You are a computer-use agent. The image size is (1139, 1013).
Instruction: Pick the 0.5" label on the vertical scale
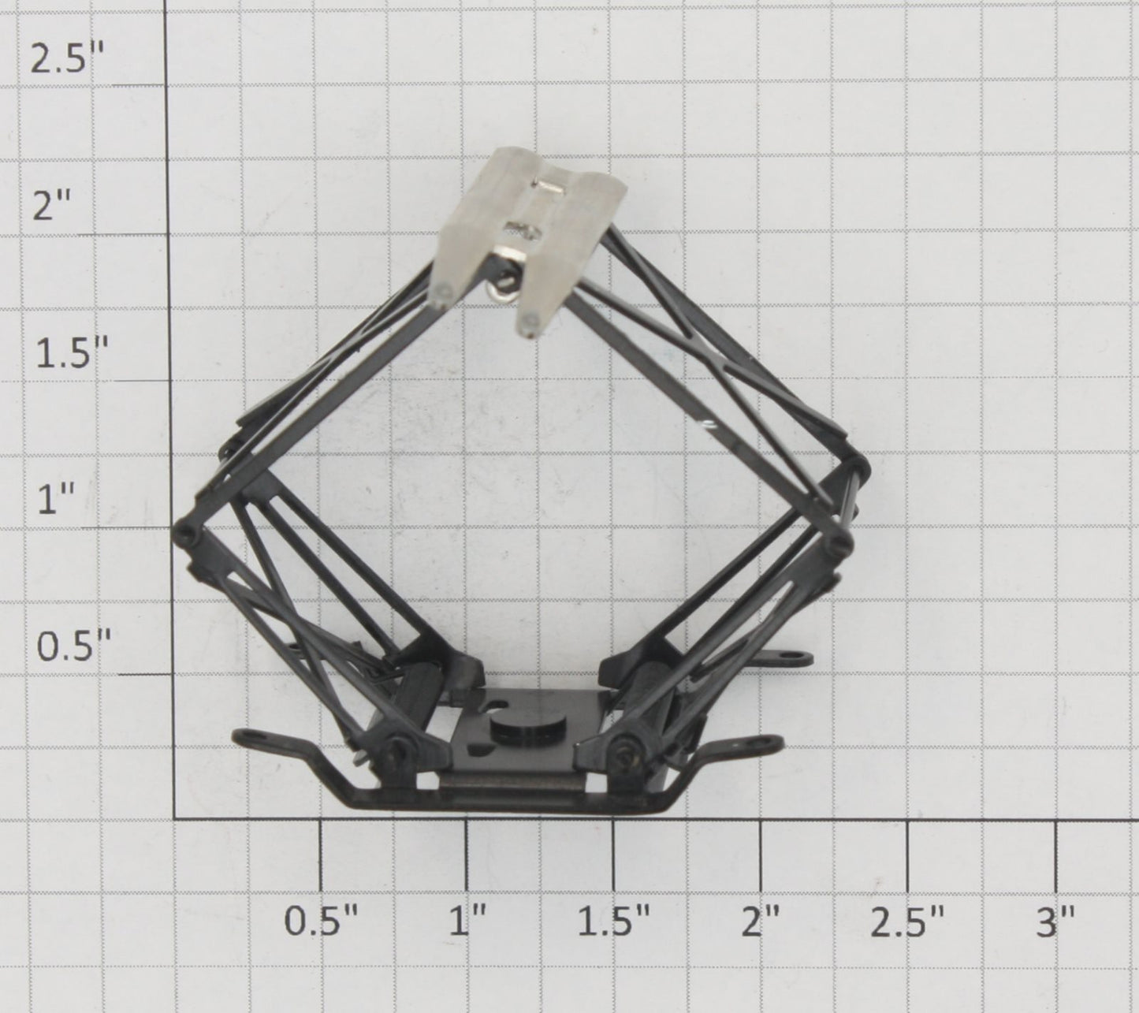coord(72,646)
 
